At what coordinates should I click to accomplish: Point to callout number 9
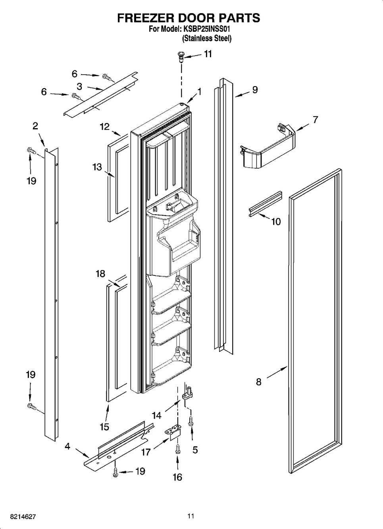(x=255, y=90)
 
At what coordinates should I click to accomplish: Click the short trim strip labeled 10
(x=265, y=204)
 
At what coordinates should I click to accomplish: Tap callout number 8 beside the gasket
(x=259, y=382)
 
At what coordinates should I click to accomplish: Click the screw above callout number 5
(x=191, y=421)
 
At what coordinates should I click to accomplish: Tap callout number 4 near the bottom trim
(x=67, y=446)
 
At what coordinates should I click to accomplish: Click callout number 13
(x=97, y=167)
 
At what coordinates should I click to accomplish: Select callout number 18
(x=100, y=274)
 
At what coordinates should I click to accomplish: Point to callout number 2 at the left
(x=35, y=126)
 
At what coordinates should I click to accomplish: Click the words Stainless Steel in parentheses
(x=207, y=38)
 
